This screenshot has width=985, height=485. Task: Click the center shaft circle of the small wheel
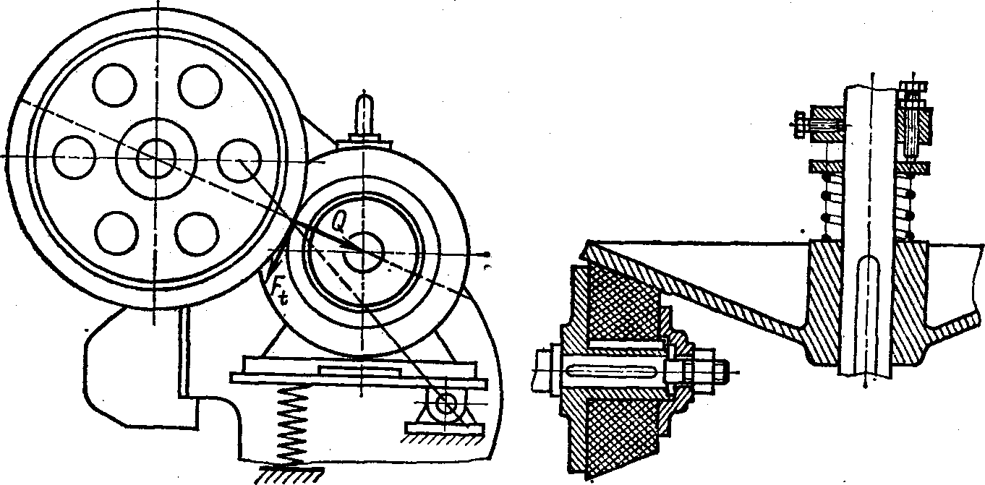(362, 252)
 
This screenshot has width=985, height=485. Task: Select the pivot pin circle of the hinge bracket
(447, 404)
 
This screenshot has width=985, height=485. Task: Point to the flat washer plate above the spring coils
(827, 167)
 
